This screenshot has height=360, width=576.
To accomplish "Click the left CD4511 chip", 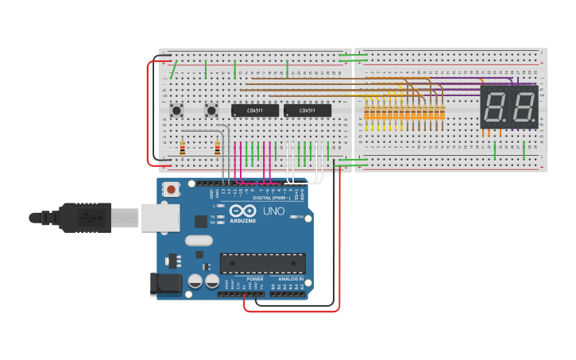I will pos(254,110).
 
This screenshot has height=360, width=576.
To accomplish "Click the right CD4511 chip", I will pos(307,110).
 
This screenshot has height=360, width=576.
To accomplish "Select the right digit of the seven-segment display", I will pos(523,107).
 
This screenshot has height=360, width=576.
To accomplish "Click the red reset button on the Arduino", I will pos(171,189).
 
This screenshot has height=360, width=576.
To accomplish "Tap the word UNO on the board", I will pos(273,211).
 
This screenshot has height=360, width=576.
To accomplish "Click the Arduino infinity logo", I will pos(244,211).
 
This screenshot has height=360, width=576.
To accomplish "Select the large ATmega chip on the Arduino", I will pos(262,263).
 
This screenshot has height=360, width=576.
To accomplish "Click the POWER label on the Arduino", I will pos(255,280).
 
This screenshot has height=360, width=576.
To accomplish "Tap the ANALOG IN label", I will pos(290,280).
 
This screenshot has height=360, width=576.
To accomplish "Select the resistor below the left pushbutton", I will pos(183,149).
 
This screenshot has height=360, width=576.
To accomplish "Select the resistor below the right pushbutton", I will pos(218,149).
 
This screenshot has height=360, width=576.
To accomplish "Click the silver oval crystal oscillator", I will pos(199,240).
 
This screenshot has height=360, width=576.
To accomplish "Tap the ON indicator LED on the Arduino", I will pos(295,216).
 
